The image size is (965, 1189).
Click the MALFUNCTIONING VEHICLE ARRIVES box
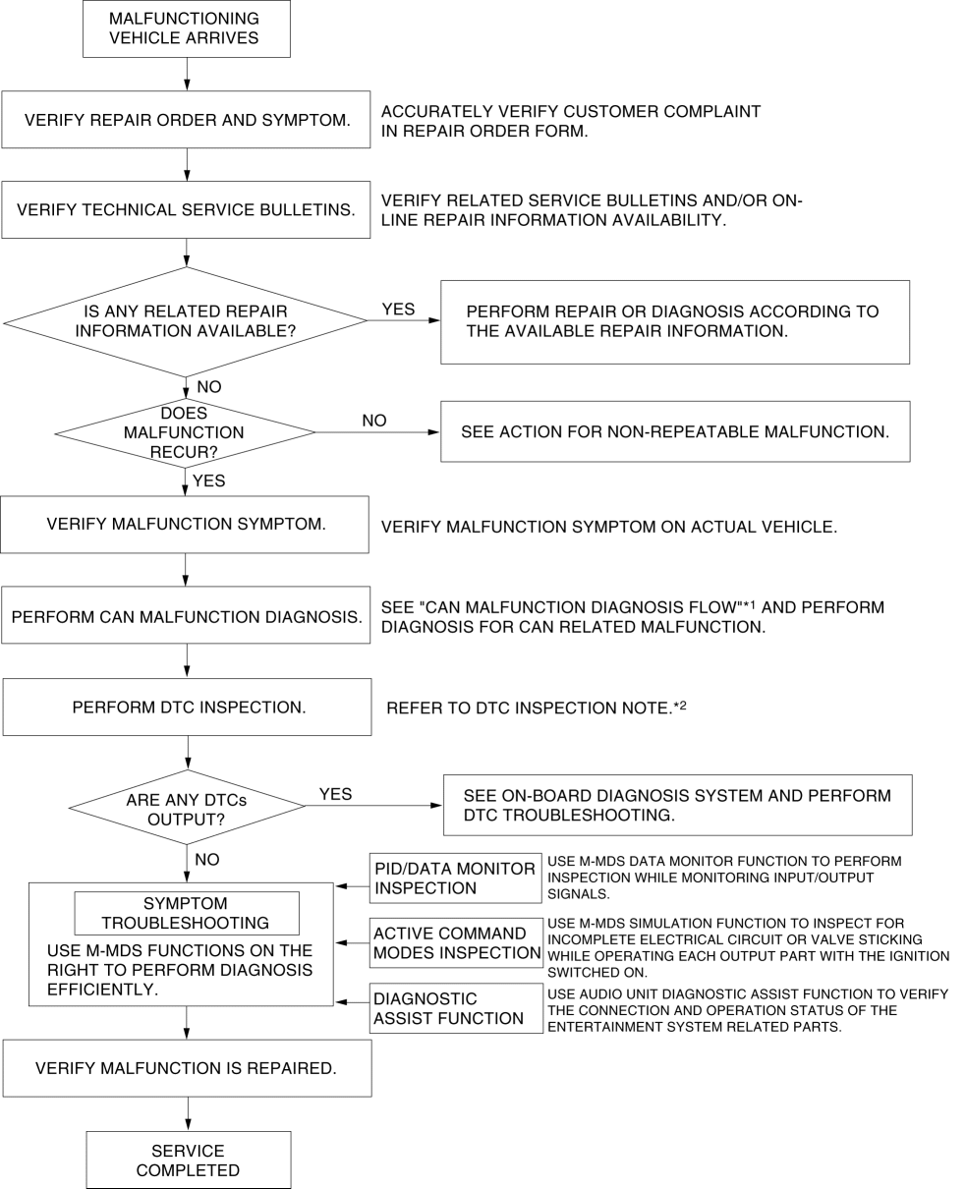(187, 28)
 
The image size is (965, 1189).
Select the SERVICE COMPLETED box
(189, 1160)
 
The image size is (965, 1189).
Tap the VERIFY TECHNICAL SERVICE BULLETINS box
(186, 209)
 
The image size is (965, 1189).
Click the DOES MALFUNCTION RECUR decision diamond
(185, 432)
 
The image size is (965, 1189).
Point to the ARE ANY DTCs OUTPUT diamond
(187, 807)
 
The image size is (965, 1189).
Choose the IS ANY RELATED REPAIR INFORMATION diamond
(186, 321)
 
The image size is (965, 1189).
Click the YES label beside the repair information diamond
(398, 310)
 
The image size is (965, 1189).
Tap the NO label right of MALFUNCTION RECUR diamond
(374, 421)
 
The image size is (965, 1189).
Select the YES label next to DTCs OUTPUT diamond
(335, 794)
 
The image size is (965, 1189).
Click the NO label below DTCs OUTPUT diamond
(207, 859)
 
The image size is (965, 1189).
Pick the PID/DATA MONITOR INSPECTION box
(455, 878)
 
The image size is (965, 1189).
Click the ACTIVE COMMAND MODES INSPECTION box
(456, 942)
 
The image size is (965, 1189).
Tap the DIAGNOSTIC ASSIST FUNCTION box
(456, 1008)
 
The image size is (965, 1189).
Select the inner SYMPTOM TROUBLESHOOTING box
(187, 913)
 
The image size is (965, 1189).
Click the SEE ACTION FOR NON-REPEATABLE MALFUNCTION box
(675, 431)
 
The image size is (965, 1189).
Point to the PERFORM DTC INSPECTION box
(187, 707)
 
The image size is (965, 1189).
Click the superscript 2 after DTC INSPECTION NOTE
(683, 705)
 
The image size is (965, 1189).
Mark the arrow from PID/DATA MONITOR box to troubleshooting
(353, 886)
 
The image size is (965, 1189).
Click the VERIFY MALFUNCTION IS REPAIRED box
(187, 1068)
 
